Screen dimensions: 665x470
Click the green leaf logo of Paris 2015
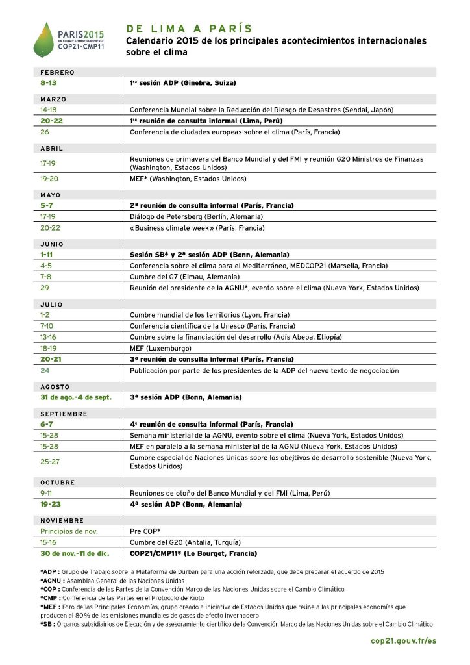[x=45, y=39]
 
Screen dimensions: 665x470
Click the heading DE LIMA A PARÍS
[x=189, y=29]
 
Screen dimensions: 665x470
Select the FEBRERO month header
[x=58, y=73]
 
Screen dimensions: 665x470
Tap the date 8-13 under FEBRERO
[x=48, y=84]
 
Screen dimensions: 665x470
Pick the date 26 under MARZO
[x=44, y=132]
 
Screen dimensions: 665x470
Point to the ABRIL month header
[x=52, y=148]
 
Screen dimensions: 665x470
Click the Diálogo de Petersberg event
[x=196, y=216]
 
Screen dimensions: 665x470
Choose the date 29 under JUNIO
[x=44, y=287]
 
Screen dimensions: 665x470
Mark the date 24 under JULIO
[x=44, y=370]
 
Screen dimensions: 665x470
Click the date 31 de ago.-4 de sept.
[x=75, y=397]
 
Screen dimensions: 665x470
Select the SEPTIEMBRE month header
[x=64, y=414]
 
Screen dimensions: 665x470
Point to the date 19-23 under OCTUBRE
[x=51, y=504]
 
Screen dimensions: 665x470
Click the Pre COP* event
[x=145, y=531]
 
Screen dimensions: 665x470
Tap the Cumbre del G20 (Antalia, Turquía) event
[x=185, y=542]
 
